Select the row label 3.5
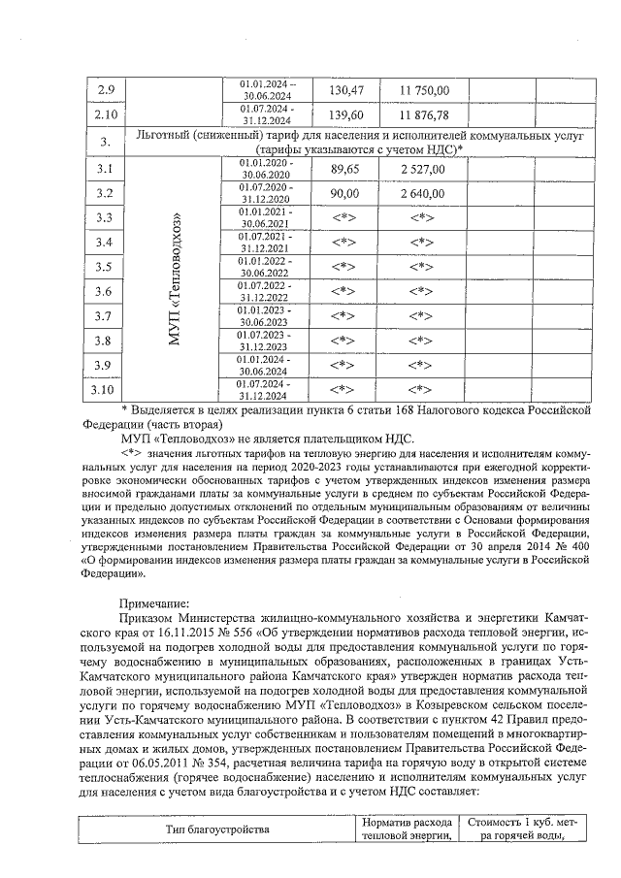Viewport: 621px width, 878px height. (x=106, y=267)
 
